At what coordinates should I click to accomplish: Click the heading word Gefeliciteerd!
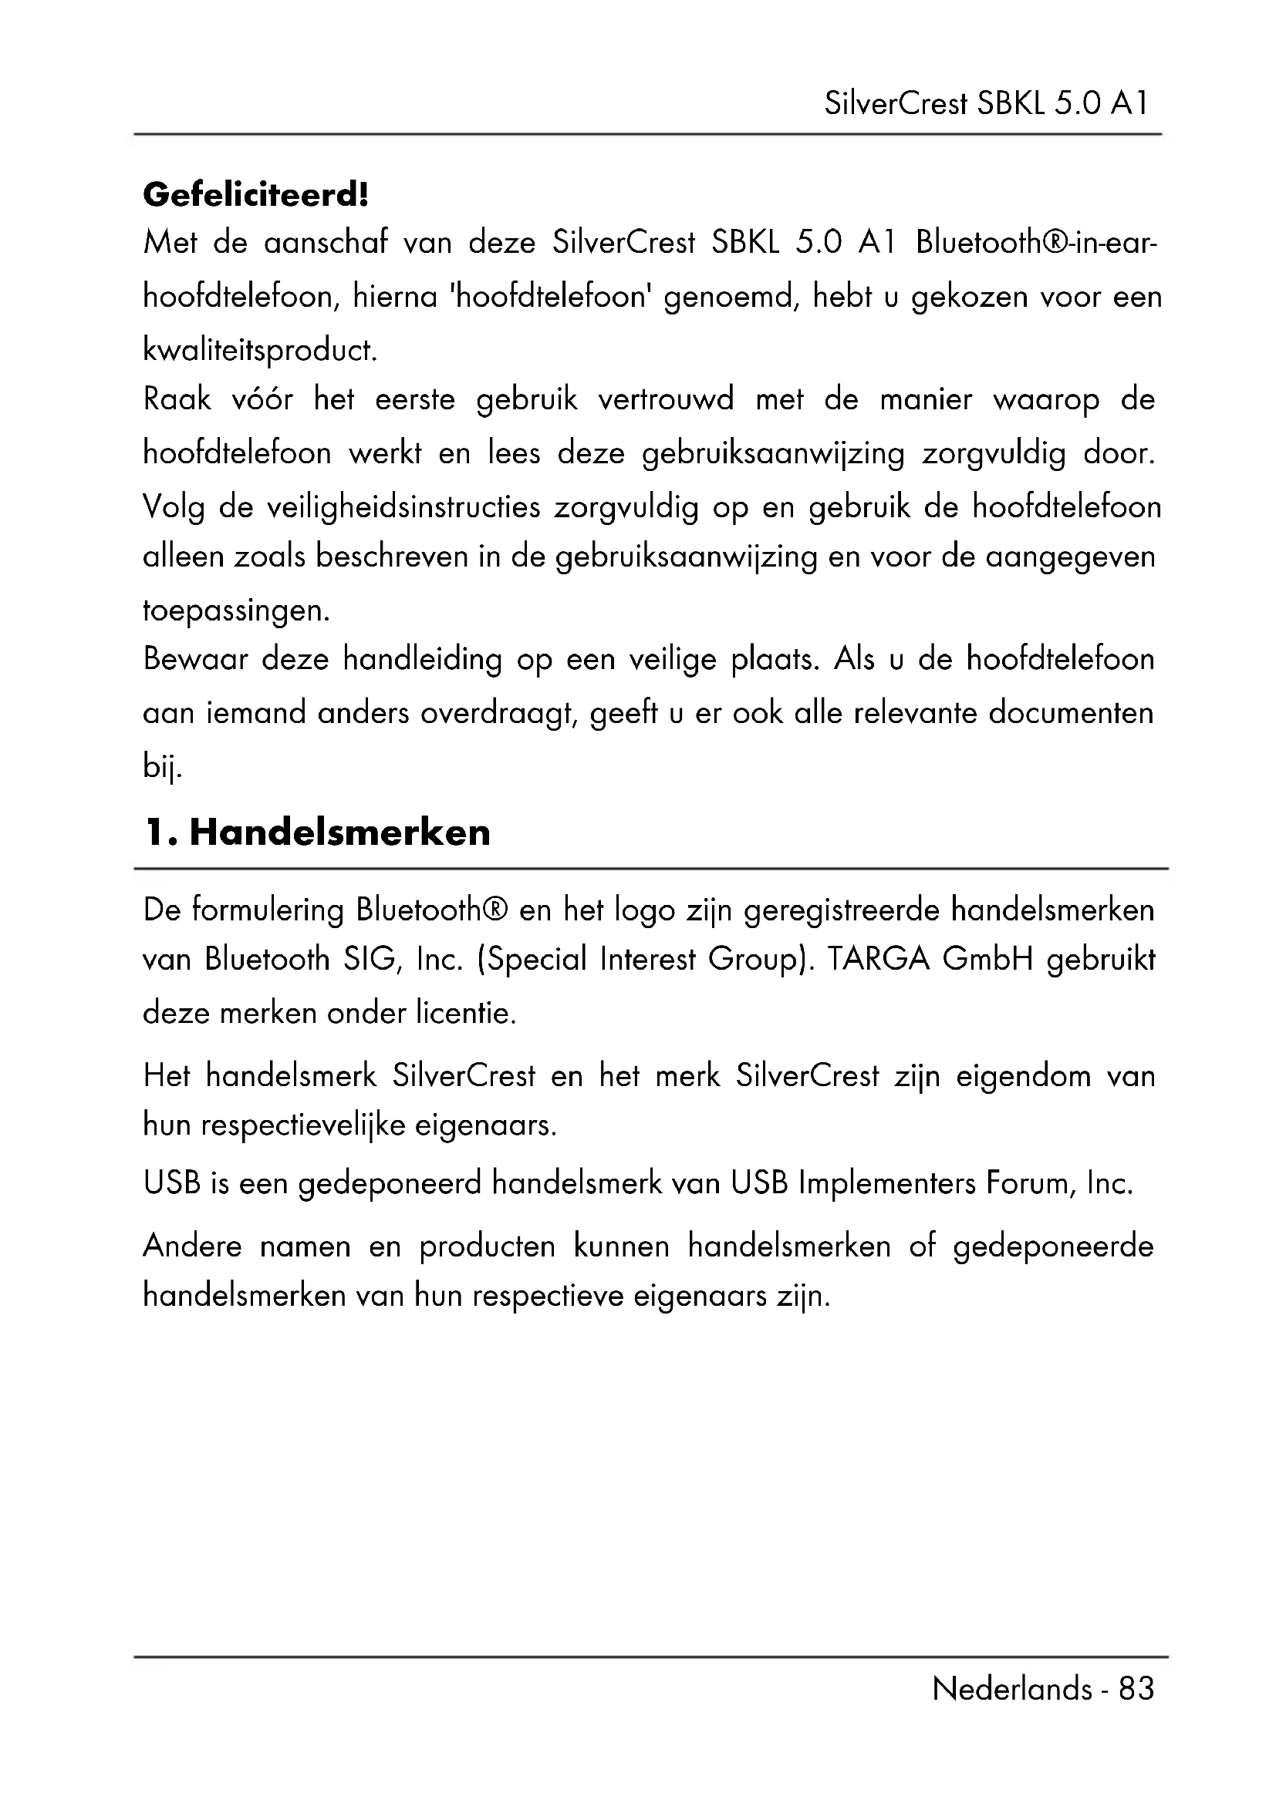pyautogui.click(x=255, y=195)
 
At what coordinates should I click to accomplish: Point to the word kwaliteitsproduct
pyautogui.click(x=260, y=350)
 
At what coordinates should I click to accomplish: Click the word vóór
pyautogui.click(x=262, y=400)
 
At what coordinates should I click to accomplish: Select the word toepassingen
pyautogui.click(x=236, y=611)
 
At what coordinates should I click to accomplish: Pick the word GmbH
pyautogui.click(x=987, y=960)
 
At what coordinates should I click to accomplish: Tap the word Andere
pyautogui.click(x=193, y=1246)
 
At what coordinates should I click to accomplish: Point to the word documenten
pyautogui.click(x=1071, y=713)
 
